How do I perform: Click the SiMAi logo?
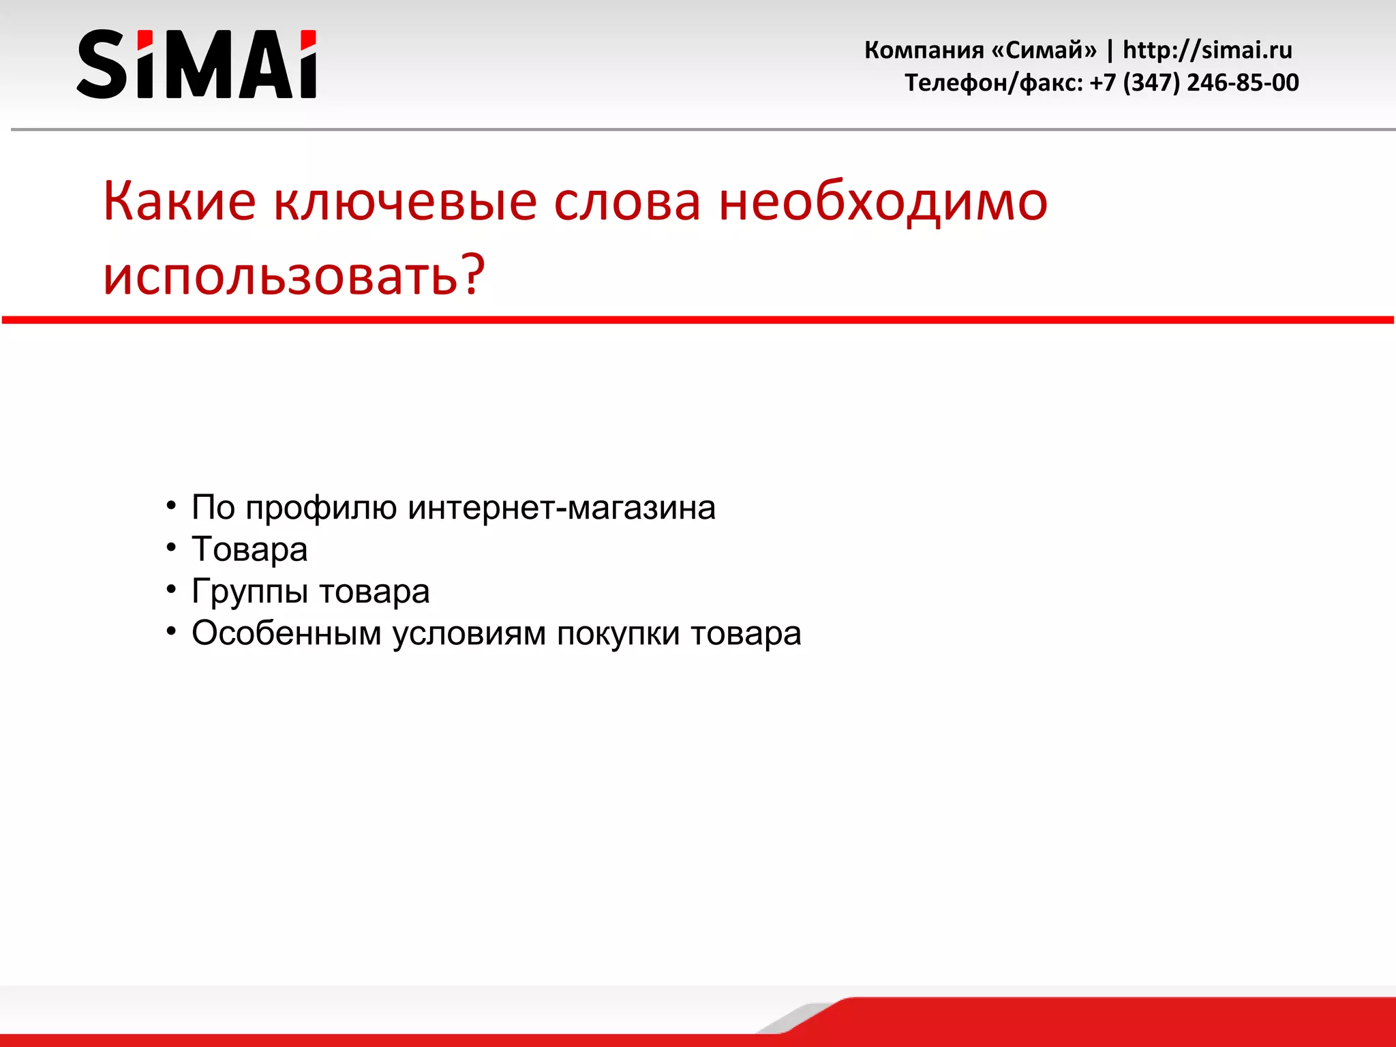pos(196,64)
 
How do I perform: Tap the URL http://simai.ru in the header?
pos(1207,50)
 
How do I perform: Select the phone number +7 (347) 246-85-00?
pos(1194,82)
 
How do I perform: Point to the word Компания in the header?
pos(924,50)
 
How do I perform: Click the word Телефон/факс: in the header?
pos(993,82)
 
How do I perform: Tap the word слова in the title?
pos(626,202)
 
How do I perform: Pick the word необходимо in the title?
pos(883,202)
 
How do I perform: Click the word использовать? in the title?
pos(294,275)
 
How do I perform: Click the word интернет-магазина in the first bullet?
pos(562,507)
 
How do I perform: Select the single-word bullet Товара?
pos(249,549)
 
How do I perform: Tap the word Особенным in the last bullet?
pos(286,633)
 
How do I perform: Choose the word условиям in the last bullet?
pos(469,633)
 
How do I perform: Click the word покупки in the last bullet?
pos(618,634)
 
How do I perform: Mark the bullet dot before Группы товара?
pos(171,588)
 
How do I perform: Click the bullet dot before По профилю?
pos(171,505)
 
